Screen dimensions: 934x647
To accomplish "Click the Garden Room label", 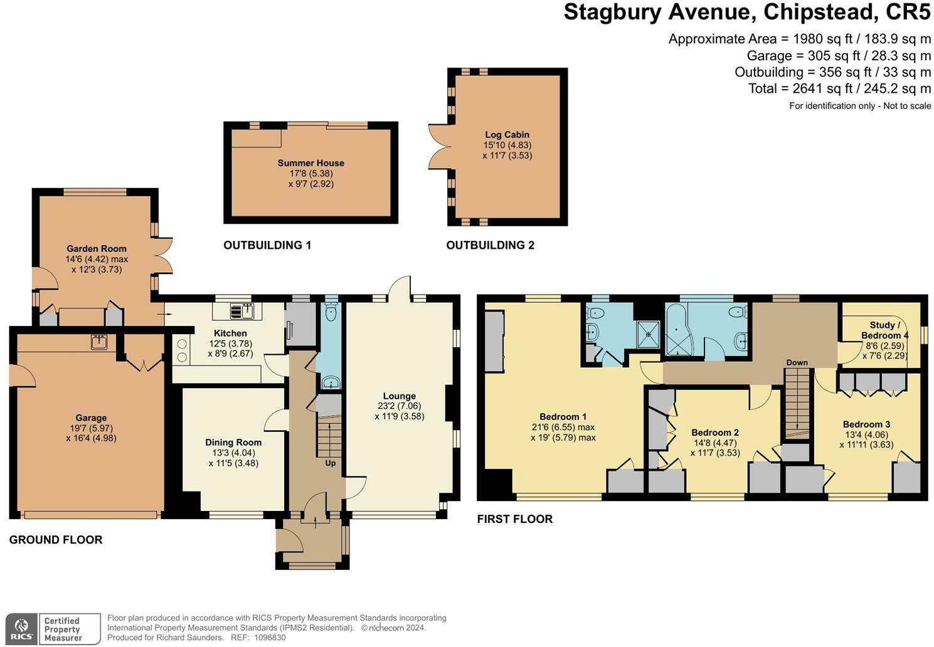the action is (x=97, y=249).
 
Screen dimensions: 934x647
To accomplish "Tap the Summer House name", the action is (x=311, y=163).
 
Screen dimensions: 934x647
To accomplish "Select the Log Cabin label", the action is (x=507, y=135).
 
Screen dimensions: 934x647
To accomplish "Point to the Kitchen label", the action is (x=230, y=334).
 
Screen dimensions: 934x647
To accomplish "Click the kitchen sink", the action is (x=242, y=311).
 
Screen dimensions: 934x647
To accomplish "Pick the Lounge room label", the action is (x=400, y=396).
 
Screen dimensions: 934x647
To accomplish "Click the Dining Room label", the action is (x=233, y=443).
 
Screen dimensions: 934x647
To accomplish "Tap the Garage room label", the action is (x=91, y=418).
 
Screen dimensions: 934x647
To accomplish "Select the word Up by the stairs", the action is (x=330, y=463).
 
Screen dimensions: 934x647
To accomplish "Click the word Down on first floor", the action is (x=797, y=362).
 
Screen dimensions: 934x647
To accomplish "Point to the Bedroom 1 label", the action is (x=563, y=417).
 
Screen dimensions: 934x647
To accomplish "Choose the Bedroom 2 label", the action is (x=714, y=433).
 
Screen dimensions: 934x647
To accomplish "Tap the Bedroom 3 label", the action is (x=866, y=424).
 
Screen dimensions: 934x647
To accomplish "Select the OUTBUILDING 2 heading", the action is (x=490, y=245).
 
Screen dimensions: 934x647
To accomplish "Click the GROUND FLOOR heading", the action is (x=56, y=540).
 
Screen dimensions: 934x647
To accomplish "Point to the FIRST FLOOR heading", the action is (x=515, y=519).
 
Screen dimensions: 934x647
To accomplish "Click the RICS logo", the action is (x=22, y=629).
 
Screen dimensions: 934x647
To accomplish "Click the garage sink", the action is (x=99, y=342).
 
